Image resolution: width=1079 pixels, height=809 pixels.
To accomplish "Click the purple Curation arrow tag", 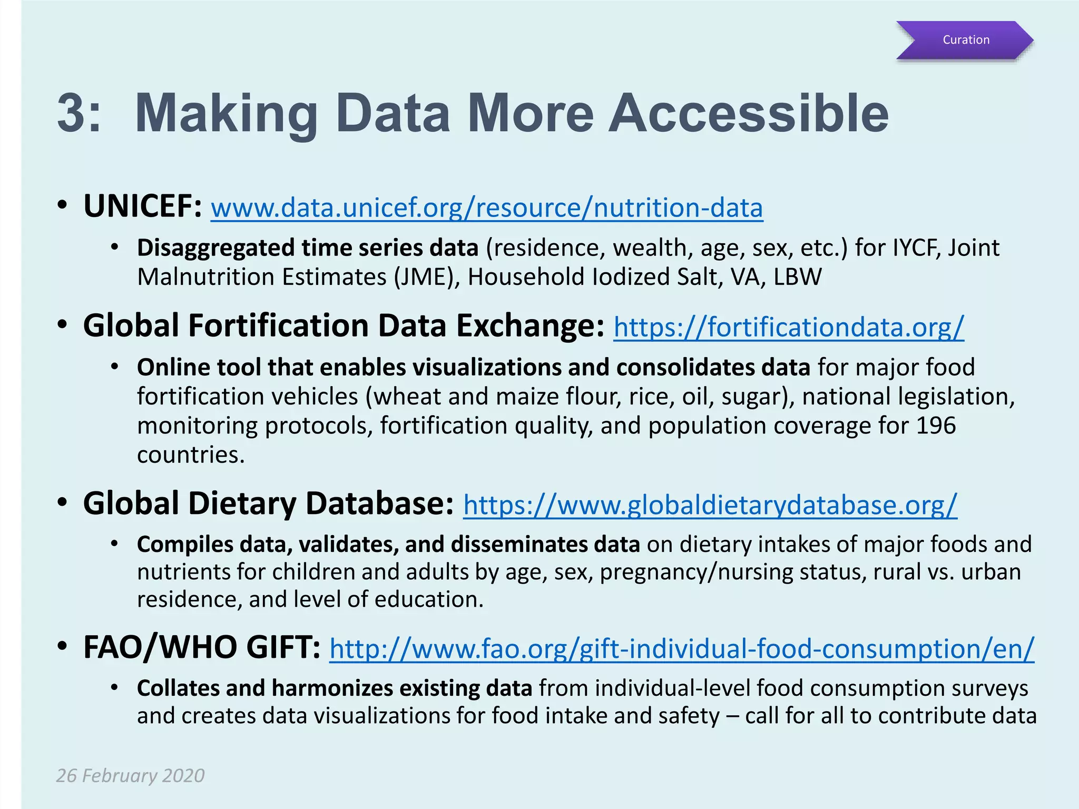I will click(x=965, y=40).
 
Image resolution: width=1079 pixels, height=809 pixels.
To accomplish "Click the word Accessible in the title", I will click(x=748, y=114).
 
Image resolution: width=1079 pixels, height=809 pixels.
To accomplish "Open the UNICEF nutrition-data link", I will click(x=487, y=208).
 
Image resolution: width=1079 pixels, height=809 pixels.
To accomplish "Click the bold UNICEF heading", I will click(x=142, y=206).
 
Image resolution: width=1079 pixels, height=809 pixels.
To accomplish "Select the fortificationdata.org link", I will click(x=789, y=327).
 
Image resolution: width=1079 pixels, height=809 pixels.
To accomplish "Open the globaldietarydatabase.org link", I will click(x=710, y=505).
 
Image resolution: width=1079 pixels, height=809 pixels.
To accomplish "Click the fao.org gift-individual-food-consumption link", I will click(x=682, y=649).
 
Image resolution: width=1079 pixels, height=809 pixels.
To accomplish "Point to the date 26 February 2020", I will click(x=130, y=776).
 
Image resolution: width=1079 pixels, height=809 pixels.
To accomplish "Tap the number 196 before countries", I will click(x=936, y=426).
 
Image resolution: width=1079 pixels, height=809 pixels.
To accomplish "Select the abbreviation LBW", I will click(x=798, y=277).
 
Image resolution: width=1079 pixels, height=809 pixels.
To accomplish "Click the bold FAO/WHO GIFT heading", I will click(x=202, y=648).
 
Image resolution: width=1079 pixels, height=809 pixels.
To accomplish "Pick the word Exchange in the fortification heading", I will click(x=530, y=326).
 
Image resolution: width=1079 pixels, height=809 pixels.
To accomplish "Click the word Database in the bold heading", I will click(x=379, y=504).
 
